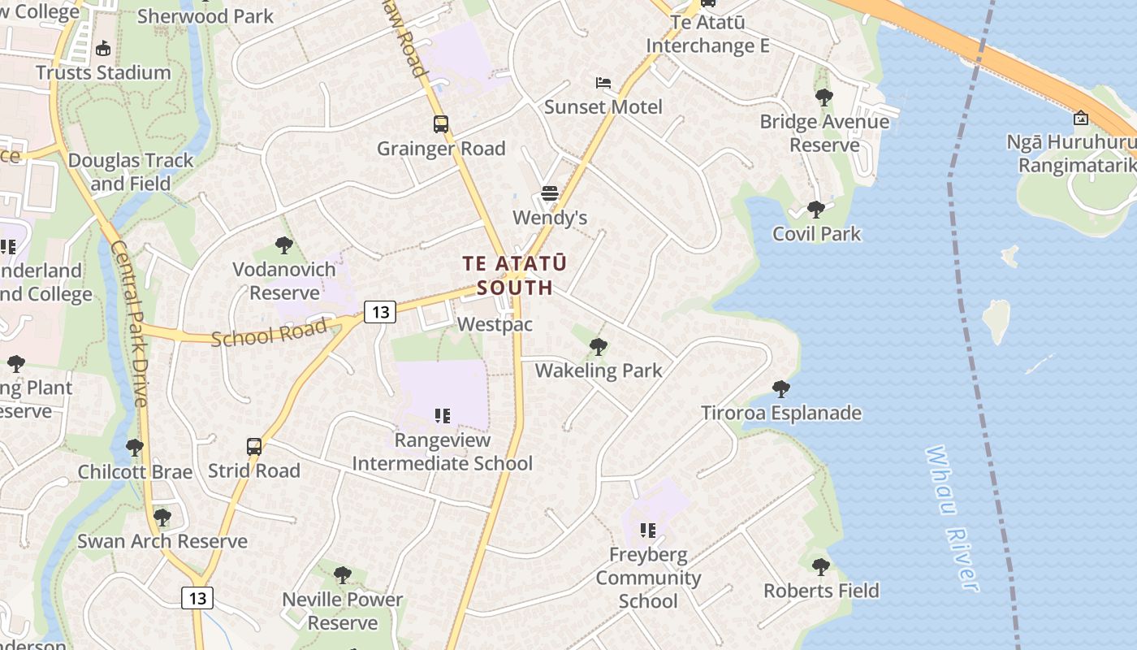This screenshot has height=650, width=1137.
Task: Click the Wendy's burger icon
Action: [550, 193]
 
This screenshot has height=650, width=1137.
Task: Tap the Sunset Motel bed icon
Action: [603, 83]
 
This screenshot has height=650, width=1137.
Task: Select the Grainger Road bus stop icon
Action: [440, 124]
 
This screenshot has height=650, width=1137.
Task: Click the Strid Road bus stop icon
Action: [254, 447]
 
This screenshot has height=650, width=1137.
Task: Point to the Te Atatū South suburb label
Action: [515, 275]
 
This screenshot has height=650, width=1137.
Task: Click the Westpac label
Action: [495, 324]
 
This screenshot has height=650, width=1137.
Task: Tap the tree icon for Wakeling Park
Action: [599, 347]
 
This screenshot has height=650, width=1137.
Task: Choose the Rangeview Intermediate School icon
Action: [443, 417]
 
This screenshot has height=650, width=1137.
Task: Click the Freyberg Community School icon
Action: [647, 531]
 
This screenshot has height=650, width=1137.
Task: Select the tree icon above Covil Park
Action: [816, 210]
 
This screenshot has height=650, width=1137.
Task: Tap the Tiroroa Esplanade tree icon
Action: [781, 389]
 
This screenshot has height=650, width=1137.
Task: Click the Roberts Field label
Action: [821, 591]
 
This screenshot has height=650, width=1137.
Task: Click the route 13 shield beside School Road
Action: [379, 311]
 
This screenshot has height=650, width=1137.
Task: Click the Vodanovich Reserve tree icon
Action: [283, 245]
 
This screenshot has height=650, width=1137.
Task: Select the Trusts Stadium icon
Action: [103, 49]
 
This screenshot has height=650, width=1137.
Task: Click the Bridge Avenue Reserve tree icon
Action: [824, 98]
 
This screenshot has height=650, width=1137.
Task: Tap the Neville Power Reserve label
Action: [343, 611]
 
